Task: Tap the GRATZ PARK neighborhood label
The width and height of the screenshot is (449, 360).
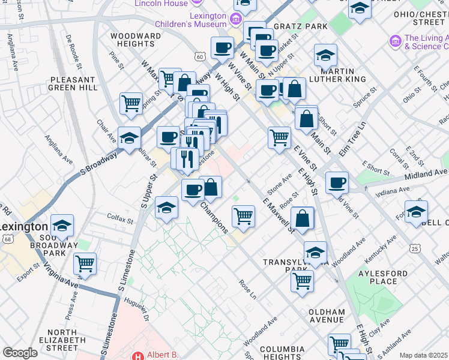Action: (x=300, y=26)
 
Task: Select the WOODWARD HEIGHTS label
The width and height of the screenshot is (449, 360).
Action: (x=136, y=40)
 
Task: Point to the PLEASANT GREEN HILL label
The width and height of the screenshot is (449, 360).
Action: (x=74, y=83)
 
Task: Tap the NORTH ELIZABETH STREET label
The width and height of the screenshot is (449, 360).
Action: (x=70, y=340)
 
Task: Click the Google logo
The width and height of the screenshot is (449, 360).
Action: (x=20, y=353)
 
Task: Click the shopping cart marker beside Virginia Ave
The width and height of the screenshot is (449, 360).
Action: (x=85, y=263)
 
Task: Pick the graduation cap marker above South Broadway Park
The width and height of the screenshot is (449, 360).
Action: (x=62, y=226)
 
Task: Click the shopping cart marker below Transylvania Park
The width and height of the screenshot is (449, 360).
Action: (x=302, y=280)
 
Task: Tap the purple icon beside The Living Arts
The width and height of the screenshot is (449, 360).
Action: (x=395, y=41)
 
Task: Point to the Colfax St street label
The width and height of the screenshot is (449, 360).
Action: (x=120, y=220)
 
